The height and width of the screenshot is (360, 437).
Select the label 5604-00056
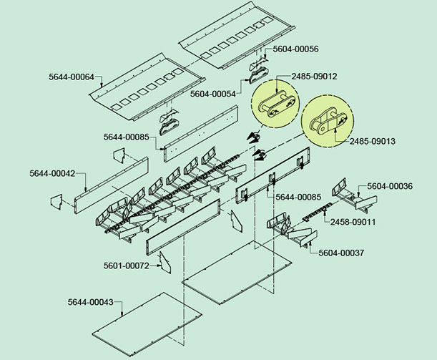pos(290,49)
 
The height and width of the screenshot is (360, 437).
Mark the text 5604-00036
pos(390,186)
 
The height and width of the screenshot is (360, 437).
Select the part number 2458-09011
pos(353,222)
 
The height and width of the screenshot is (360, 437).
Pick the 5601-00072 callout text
pos(126,266)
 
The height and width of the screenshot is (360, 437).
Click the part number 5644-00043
pos(91,302)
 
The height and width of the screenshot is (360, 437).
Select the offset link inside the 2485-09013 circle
pos(325,124)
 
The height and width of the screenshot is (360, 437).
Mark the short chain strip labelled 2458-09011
pos(315,213)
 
